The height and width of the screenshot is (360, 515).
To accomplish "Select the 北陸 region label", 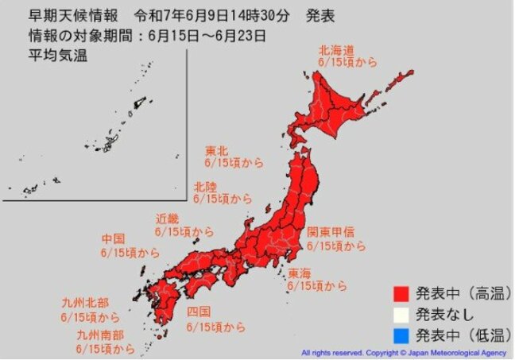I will pyautogui.click(x=207, y=186).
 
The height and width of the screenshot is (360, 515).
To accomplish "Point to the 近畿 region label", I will pyautogui.click(x=168, y=219).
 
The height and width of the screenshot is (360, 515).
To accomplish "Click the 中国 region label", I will pyautogui.click(x=113, y=238).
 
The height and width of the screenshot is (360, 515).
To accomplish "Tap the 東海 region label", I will pyautogui.click(x=300, y=272).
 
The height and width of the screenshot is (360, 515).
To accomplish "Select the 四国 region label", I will pyautogui.click(x=198, y=312).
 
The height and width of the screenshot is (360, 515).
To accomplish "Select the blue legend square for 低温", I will pyautogui.click(x=402, y=333).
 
